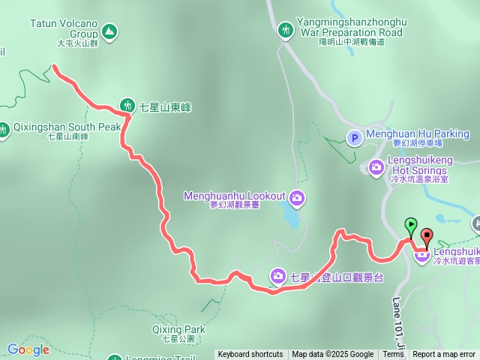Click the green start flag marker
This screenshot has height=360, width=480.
[411, 224]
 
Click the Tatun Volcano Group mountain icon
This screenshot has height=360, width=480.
[110, 32]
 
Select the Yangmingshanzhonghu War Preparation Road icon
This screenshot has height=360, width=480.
[286, 30]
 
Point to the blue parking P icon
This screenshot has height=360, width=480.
[355, 136]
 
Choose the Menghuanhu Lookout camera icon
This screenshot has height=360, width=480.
[297, 197]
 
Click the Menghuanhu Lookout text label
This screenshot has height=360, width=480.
[235, 196]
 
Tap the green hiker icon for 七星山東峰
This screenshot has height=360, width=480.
[127, 106]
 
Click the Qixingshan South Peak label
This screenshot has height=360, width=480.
[67, 127]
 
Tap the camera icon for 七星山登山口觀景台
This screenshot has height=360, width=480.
[278, 277]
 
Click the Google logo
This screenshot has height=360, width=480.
[28, 349]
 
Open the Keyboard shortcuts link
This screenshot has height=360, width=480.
[250, 355]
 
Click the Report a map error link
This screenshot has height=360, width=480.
[443, 355]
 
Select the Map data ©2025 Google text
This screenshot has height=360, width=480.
[333, 355]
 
